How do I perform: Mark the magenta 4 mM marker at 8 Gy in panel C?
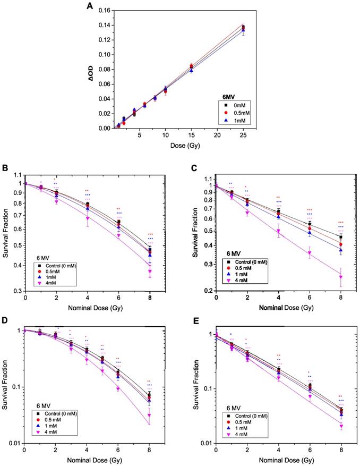[x=340, y=277]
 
